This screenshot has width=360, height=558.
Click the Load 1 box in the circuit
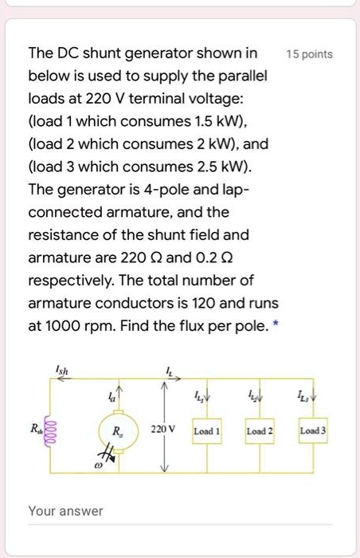click(208, 431)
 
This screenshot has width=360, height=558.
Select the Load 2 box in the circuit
click(260, 431)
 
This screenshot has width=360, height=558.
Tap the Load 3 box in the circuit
click(311, 431)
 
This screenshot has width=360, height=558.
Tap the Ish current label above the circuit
click(64, 368)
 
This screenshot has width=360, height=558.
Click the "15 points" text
click(309, 55)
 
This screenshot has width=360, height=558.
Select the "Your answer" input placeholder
click(65, 510)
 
